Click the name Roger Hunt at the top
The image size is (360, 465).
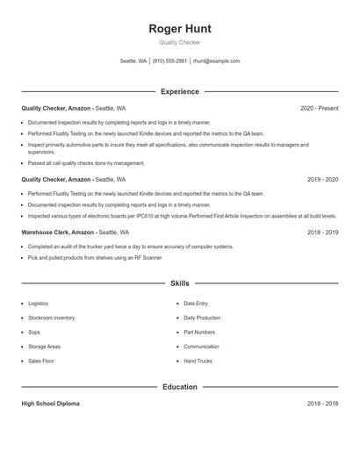point(180,29)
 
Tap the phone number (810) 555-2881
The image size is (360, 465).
point(169,61)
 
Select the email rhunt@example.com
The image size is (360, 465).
point(216,61)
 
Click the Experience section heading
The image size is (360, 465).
point(180,91)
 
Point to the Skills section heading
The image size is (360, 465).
point(180,283)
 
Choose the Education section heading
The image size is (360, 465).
point(180,386)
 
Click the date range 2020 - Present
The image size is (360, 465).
point(319,108)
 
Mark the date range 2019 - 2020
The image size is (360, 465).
point(322,179)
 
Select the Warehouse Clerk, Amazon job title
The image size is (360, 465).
point(58,232)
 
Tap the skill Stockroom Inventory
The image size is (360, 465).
point(51,318)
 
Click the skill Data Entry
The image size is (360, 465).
point(196,304)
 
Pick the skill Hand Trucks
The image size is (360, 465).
point(198,361)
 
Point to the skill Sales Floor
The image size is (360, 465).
point(41,361)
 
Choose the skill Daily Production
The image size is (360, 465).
point(202,318)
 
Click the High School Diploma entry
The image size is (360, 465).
point(50,404)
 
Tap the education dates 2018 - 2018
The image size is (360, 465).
point(322,404)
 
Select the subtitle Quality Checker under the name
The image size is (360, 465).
point(180,42)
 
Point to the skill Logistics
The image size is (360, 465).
point(38,304)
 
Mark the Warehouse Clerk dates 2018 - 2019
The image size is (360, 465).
point(322,232)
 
